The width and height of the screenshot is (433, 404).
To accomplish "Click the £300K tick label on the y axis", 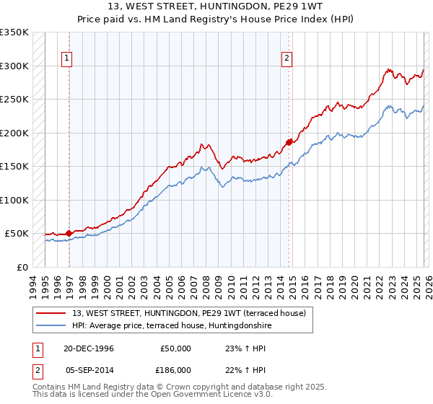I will pos(14,66).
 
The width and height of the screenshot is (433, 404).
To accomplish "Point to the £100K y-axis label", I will pos(14,200).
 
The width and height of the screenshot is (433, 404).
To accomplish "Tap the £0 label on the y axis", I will pos(22,267).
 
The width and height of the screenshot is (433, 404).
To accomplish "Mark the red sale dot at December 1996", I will pos(69,233).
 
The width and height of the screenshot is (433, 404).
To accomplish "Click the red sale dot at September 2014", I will pos(289,142).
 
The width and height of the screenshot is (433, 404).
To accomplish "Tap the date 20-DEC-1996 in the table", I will pos(88,348).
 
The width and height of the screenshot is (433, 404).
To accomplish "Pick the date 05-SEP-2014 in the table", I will pos(88,369).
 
